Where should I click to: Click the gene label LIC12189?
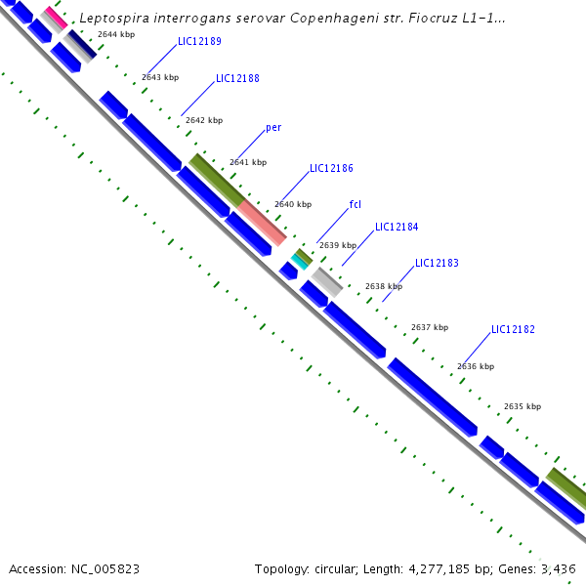[199, 42]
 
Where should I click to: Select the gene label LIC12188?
[237, 78]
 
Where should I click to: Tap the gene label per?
[273, 128]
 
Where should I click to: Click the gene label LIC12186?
[331, 169]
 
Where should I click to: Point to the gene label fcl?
[356, 205]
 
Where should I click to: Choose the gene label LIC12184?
[397, 228]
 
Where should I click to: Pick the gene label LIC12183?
[437, 264]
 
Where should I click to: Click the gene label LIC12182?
[513, 330]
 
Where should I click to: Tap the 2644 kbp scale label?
[116, 35]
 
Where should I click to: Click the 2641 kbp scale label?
[248, 163]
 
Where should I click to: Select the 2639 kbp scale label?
[337, 246]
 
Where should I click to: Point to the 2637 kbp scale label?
[430, 328]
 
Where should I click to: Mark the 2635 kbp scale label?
[523, 406]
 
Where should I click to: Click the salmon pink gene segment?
[262, 222]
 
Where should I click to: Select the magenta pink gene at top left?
[55, 18]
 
